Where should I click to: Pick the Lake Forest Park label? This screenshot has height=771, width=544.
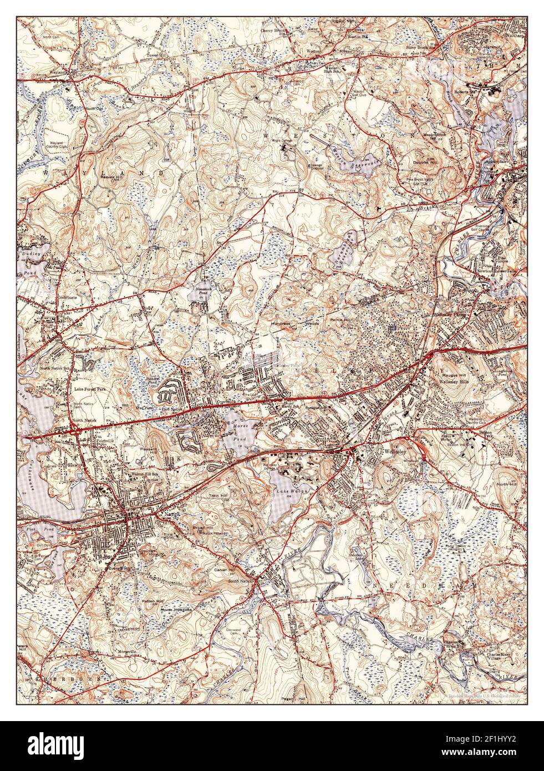[90, 389]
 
